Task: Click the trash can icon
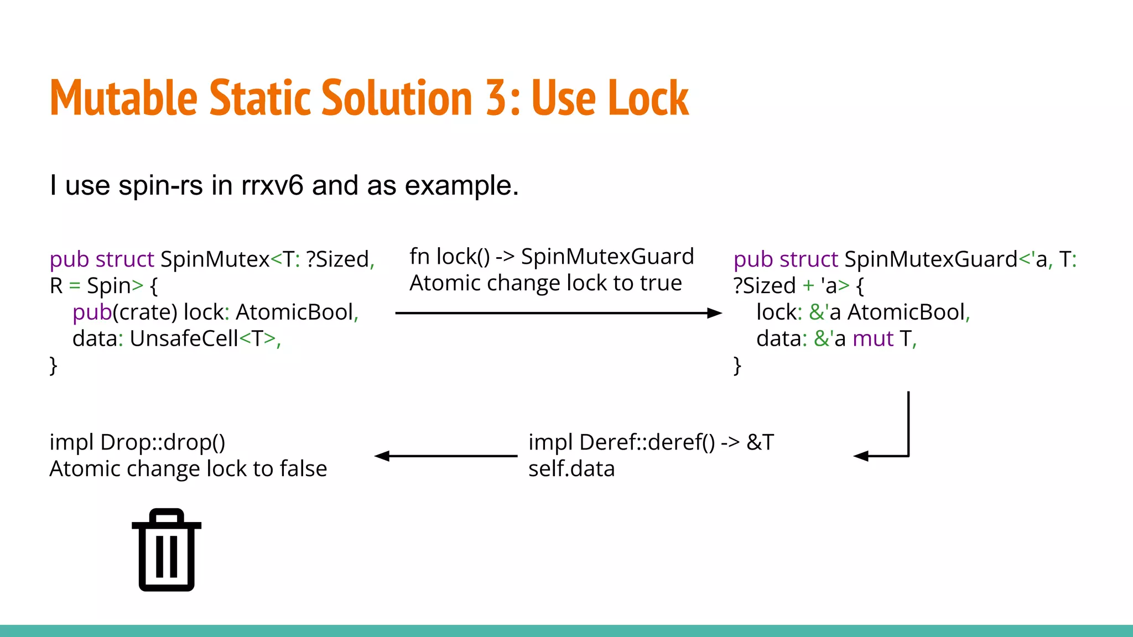click(167, 550)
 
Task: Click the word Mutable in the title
click(123, 98)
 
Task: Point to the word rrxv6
click(272, 185)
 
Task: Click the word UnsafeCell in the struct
click(184, 338)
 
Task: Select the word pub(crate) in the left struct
click(124, 312)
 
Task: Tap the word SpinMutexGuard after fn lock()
click(607, 257)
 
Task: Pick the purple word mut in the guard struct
click(872, 338)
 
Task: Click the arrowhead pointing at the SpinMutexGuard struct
click(715, 313)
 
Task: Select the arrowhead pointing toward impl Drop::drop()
click(382, 456)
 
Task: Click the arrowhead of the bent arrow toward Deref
click(861, 456)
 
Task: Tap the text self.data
click(571, 469)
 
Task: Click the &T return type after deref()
click(760, 442)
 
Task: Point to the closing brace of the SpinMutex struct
click(53, 366)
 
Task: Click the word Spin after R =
click(108, 286)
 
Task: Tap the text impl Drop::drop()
click(137, 442)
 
